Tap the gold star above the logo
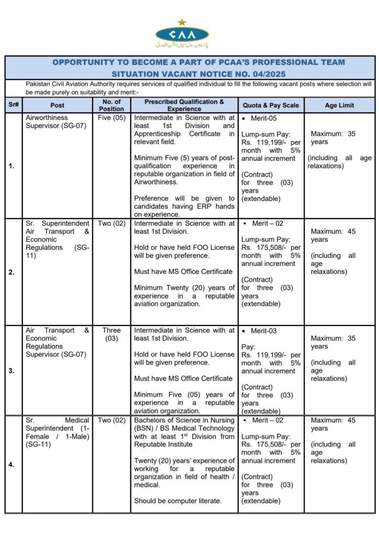(182, 22)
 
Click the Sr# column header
(14, 105)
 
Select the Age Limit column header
(339, 105)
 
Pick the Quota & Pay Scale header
(270, 105)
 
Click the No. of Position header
(112, 105)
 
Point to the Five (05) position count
(112, 118)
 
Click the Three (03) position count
(112, 334)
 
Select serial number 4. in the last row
(12, 464)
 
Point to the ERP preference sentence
(184, 206)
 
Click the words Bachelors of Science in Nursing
(184, 420)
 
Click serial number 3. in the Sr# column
(12, 371)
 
